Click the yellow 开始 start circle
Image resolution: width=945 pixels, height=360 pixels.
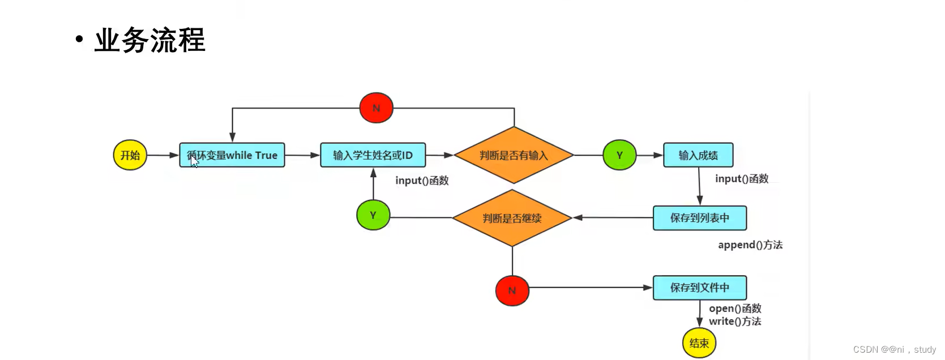[130, 155]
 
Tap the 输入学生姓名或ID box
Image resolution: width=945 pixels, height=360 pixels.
[373, 155]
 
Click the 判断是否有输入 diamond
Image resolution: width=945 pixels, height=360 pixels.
[514, 155]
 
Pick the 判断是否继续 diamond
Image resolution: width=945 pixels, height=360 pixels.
[512, 218]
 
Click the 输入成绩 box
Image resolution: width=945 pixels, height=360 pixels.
[698, 155]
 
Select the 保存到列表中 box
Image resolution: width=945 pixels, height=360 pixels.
[700, 218]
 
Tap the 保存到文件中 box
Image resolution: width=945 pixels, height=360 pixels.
[700, 288]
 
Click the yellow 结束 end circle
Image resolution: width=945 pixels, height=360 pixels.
[699, 343]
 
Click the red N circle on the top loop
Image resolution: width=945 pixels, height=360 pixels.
[377, 108]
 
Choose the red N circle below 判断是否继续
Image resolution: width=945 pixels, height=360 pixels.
[512, 290]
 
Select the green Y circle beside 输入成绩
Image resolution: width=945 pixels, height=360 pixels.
[619, 155]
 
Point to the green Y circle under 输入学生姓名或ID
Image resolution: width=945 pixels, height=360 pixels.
[373, 215]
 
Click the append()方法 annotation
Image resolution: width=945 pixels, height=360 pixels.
[750, 245]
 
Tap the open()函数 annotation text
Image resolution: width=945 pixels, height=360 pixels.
[735, 308]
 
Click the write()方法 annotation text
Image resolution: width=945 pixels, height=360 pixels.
[735, 322]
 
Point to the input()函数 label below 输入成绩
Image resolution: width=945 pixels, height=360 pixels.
[742, 179]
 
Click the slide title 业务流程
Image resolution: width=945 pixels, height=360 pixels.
[149, 40]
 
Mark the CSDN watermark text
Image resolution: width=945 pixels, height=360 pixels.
[895, 350]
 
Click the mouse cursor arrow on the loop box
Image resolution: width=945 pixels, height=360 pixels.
[194, 161]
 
